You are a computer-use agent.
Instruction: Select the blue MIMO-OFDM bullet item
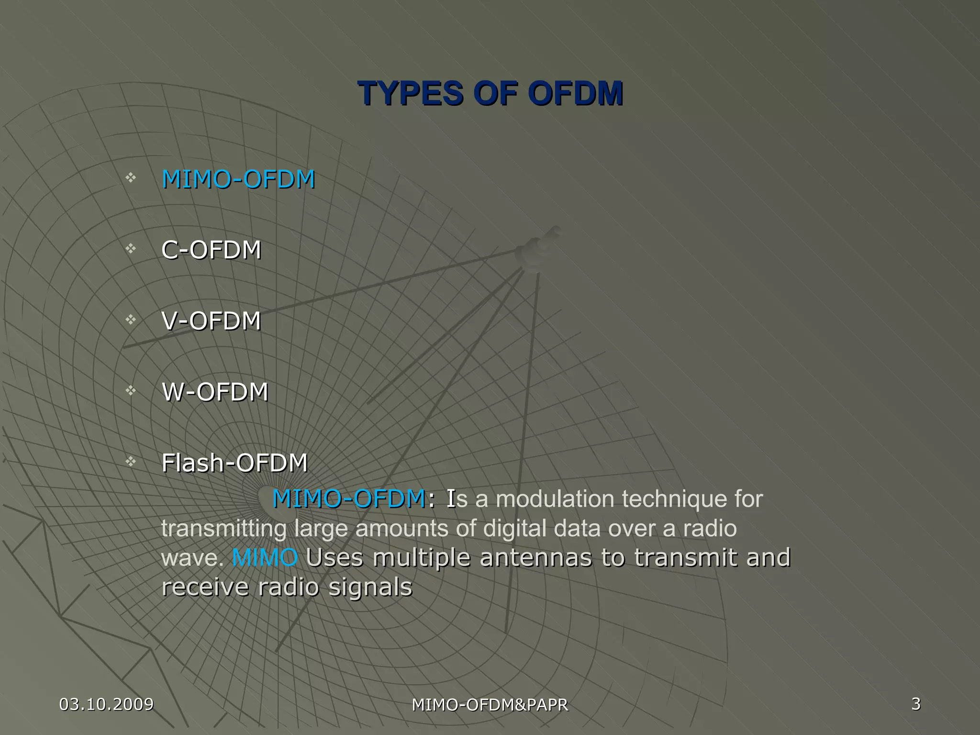point(238,179)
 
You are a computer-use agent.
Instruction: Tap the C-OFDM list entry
point(212,250)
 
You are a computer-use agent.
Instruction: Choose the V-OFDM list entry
point(212,321)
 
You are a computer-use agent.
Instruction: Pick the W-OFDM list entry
point(215,392)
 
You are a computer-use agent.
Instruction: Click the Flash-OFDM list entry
point(234,463)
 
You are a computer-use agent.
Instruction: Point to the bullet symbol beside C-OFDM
point(131,248)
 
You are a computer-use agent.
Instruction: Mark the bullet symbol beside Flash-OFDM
point(131,461)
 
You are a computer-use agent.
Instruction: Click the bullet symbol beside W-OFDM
point(131,390)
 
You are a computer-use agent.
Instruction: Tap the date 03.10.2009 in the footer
point(106,704)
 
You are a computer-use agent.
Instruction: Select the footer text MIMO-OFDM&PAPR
point(490,705)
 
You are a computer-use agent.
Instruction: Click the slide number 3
point(916,704)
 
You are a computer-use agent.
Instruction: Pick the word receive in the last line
point(205,588)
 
